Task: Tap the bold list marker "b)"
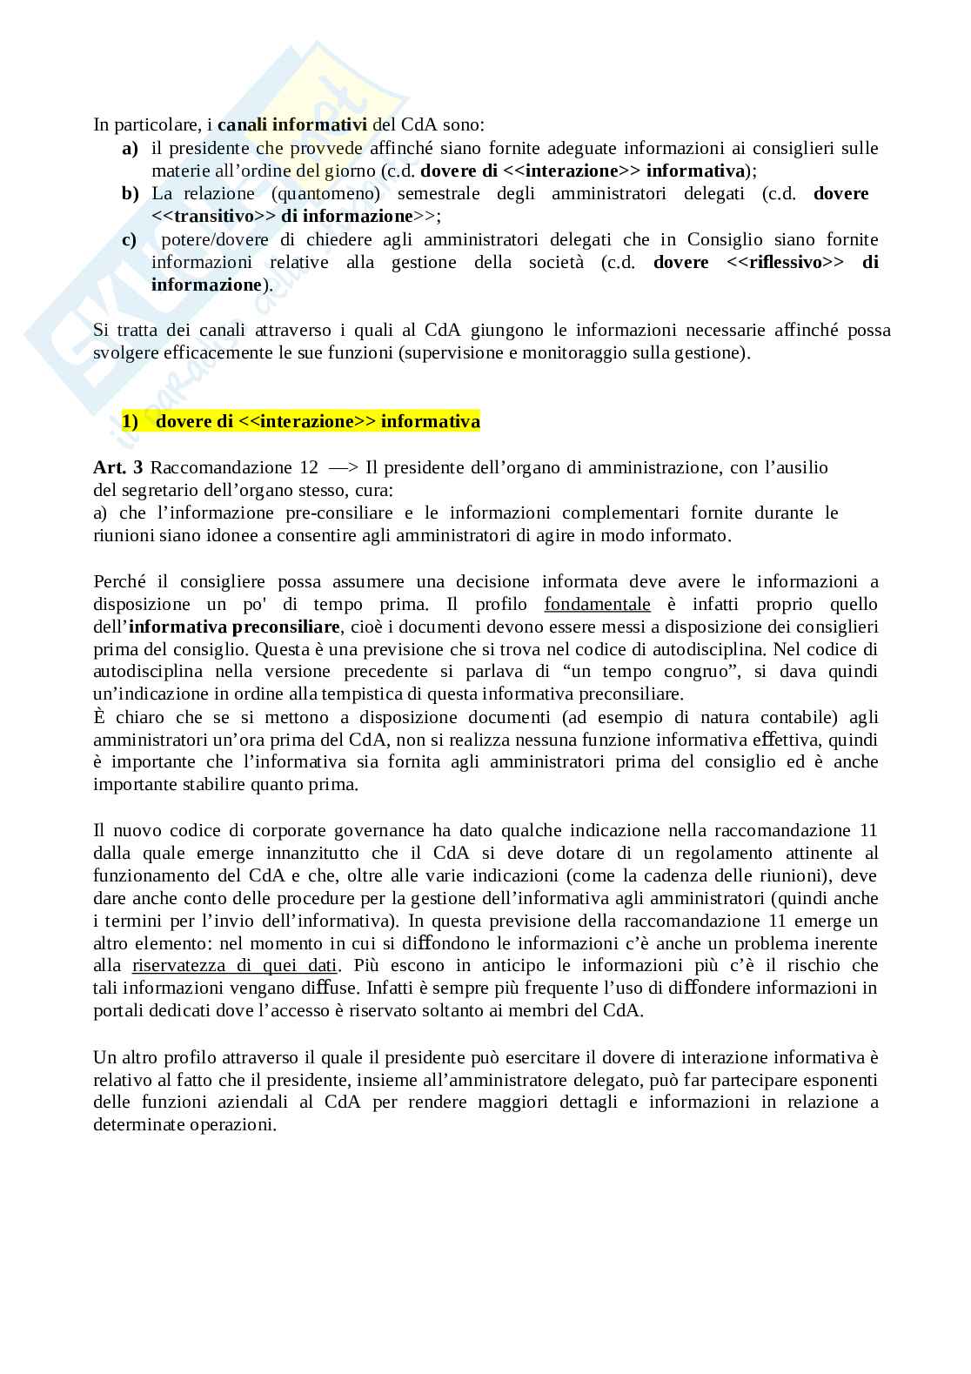[x=130, y=193]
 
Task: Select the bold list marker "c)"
[x=129, y=239]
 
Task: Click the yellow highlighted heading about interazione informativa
[x=300, y=422]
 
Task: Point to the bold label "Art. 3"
[x=117, y=468]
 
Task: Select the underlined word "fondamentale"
[x=597, y=605]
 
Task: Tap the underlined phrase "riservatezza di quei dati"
[x=235, y=966]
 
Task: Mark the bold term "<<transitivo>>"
[x=212, y=216]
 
